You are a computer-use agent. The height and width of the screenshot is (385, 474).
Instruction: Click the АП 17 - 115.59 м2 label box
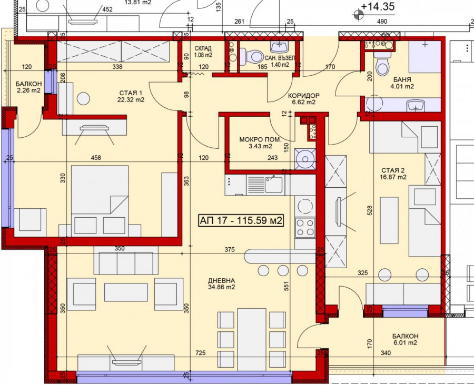(241, 220)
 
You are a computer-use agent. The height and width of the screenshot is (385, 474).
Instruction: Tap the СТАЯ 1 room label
(131, 93)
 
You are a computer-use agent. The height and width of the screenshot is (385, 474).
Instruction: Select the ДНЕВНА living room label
(221, 280)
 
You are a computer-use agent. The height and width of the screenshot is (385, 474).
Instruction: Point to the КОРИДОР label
(303, 95)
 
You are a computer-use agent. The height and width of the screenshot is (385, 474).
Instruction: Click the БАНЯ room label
(402, 80)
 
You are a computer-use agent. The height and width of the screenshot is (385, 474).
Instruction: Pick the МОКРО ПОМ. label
(260, 139)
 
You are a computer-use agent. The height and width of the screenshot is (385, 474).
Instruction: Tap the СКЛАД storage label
(203, 48)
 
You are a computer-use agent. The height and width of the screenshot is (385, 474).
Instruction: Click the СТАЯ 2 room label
(393, 170)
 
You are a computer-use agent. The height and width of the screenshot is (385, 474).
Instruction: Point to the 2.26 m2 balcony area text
(28, 90)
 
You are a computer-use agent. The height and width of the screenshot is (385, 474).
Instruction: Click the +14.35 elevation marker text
(378, 6)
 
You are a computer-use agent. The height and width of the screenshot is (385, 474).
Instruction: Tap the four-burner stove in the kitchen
(305, 227)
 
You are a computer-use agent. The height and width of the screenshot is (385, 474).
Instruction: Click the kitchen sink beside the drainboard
(273, 184)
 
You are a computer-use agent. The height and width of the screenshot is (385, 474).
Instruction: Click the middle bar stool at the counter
(283, 270)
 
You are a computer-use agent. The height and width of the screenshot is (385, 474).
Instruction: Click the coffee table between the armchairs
(126, 292)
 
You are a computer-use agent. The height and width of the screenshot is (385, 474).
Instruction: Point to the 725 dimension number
(200, 353)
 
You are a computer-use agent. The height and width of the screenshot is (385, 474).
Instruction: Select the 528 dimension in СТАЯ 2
(369, 210)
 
